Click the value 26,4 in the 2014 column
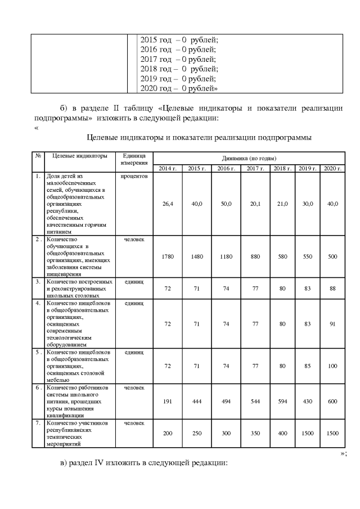pyautogui.click(x=167, y=204)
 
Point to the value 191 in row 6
pyautogui.click(x=167, y=402)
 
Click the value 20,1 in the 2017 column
pyautogui.click(x=255, y=204)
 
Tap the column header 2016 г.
pyautogui.click(x=226, y=168)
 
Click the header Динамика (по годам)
pyautogui.click(x=248, y=158)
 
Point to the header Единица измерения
pyautogui.click(x=133, y=159)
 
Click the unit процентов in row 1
pyautogui.click(x=133, y=176)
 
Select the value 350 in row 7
pyautogui.click(x=255, y=434)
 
